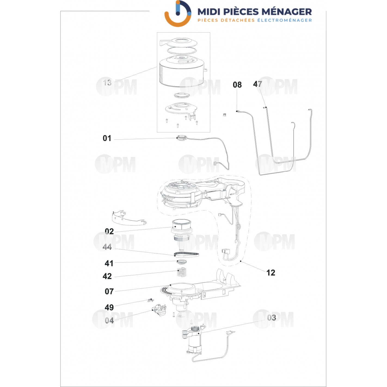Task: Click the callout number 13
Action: pos(107,82)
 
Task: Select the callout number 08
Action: pos(237,85)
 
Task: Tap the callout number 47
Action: pos(257,84)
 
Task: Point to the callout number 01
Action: pos(107,138)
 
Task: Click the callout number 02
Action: pos(109,231)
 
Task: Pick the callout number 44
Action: pos(107,247)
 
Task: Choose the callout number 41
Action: pos(109,263)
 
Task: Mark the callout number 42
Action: pos(107,276)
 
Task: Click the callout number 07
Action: pos(109,291)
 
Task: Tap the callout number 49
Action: pos(109,308)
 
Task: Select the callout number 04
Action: pos(109,321)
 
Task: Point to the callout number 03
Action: pos(272,318)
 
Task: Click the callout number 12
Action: pos(271,272)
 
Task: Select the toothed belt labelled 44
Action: pos(186,254)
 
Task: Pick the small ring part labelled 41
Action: pos(182,262)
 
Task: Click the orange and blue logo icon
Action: pos(178,13)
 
